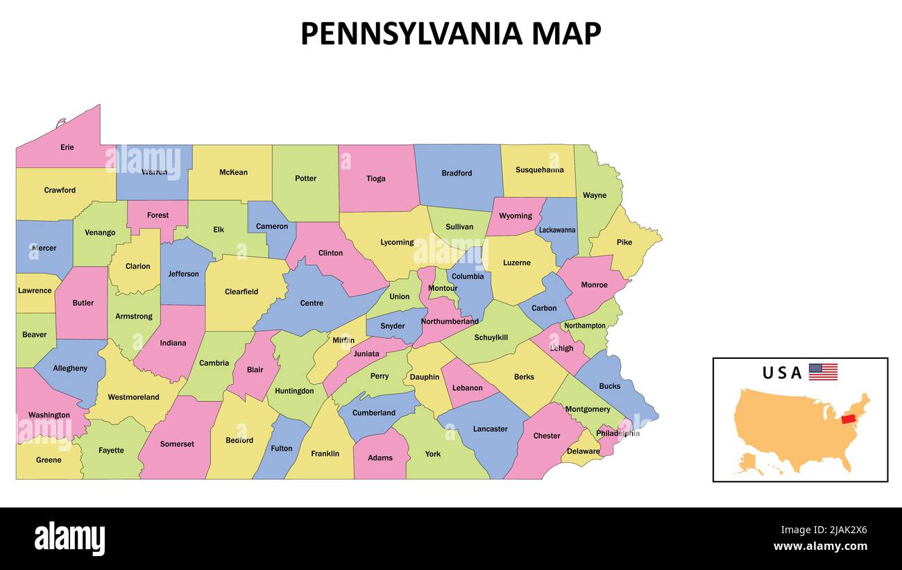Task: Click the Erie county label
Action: [x=67, y=147]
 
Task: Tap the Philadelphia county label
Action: [x=618, y=433]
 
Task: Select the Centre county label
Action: [x=312, y=303]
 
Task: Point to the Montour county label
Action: [x=443, y=288]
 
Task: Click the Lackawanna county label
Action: [x=557, y=230]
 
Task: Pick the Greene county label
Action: [x=49, y=460]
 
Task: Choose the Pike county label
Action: [x=624, y=242]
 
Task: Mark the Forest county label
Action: [x=158, y=215]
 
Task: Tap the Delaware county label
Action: [x=583, y=451]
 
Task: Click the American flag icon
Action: [x=823, y=371]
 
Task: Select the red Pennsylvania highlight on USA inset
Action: [x=848, y=419]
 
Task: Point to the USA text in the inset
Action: [x=782, y=373]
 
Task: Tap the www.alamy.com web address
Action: [x=820, y=546]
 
